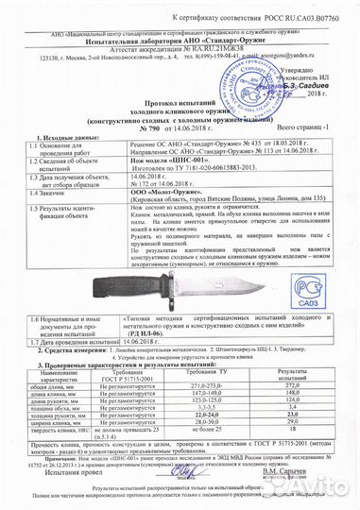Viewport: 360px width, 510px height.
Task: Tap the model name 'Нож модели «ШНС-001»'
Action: [x=179, y=176]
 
